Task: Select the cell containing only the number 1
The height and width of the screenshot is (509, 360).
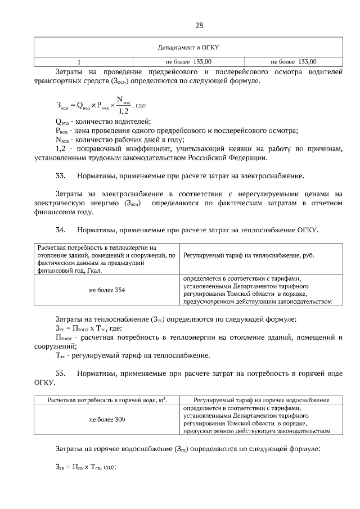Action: [x=79, y=62]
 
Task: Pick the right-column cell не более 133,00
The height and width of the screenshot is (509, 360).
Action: [x=294, y=62]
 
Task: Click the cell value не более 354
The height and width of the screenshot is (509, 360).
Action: [x=107, y=290]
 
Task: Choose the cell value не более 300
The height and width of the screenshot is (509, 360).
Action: [x=107, y=420]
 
